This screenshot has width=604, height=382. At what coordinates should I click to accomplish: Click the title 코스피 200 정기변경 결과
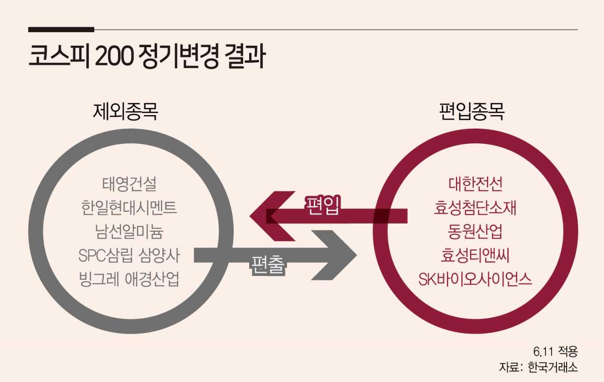coord(147,56)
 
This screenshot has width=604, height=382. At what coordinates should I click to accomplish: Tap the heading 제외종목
coord(126,111)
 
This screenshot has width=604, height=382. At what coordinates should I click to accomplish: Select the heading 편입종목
coord(472,111)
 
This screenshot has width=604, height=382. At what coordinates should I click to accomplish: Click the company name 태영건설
coord(129,184)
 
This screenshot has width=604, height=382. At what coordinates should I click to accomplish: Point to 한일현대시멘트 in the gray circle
coord(129,208)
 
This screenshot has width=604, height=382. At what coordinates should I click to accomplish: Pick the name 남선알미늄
coord(129,232)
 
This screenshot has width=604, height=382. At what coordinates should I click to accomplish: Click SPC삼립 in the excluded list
coord(106,256)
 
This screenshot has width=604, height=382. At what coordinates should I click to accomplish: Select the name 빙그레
coord(99,279)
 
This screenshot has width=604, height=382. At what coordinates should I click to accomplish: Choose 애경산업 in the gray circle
coord(152,279)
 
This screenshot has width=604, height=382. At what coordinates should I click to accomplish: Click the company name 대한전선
coord(475,184)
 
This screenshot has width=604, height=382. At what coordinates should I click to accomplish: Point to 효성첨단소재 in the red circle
coord(475,208)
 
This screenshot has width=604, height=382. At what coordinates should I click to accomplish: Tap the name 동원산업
coord(475,232)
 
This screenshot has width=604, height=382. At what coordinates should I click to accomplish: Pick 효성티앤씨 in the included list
coord(475,256)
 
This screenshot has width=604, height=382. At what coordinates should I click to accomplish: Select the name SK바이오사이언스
coord(475,279)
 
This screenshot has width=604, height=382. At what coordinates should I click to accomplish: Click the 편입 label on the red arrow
coord(323,205)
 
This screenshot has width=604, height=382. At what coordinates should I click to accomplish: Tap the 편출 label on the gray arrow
coord(268,265)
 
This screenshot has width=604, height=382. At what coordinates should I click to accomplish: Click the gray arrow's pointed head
coord(356,255)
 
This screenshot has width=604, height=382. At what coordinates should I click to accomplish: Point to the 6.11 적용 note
coord(555,351)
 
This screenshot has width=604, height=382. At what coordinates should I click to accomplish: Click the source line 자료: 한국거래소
coord(538,367)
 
